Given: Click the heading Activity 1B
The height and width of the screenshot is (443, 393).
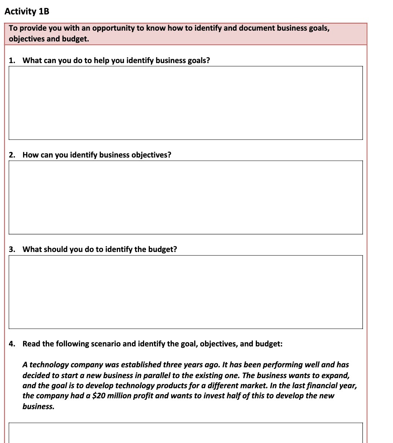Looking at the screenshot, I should click(x=27, y=12).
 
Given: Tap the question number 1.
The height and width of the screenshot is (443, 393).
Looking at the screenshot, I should click(x=12, y=61).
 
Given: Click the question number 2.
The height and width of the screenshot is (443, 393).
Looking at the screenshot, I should click(x=12, y=155).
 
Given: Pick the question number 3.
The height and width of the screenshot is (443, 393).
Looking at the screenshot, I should click(x=12, y=249).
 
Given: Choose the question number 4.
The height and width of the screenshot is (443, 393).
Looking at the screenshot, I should click(x=12, y=344).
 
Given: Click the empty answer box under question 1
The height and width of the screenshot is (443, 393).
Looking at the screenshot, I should click(x=186, y=103).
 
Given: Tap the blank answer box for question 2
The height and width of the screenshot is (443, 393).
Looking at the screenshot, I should click(x=186, y=197).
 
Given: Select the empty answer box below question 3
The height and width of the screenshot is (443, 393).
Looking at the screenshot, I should click(x=186, y=292).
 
